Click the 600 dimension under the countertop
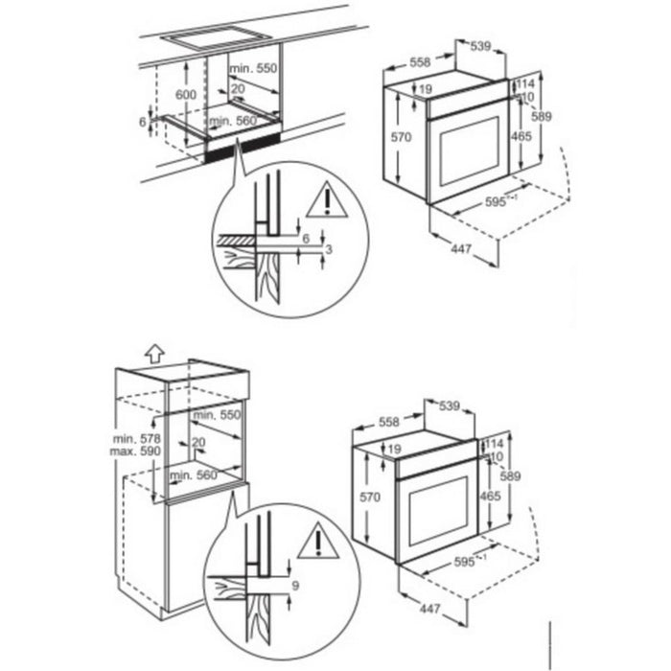(x=186, y=96)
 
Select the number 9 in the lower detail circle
(x=297, y=584)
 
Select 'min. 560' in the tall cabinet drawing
(x=189, y=473)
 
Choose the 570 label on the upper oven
(x=401, y=138)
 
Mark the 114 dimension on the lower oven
(x=495, y=444)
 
